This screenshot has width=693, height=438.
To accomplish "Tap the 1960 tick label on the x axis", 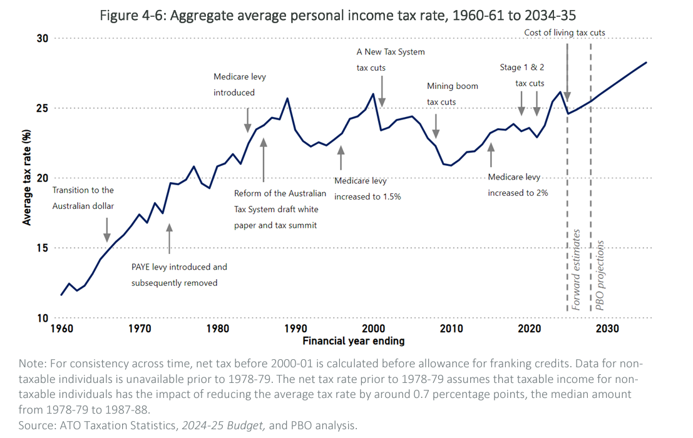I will pos(61,328).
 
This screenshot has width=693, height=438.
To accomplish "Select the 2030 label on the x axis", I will pos(607,328).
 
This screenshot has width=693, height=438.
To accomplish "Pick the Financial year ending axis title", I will pos(353,341).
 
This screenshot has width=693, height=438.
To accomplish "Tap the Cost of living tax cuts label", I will pos(565,33).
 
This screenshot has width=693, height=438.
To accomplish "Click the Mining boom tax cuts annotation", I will pos(452,93).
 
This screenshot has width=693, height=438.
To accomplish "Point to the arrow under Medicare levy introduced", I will pos(248,119).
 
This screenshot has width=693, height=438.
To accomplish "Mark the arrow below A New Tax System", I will pos(382,91).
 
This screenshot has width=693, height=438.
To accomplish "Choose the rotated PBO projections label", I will pos(600,275).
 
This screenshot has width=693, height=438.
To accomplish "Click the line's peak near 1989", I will pos(287,98).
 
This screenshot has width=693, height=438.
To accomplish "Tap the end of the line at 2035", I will pos(646,63).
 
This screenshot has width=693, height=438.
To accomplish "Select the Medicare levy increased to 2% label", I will pos(518,185).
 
